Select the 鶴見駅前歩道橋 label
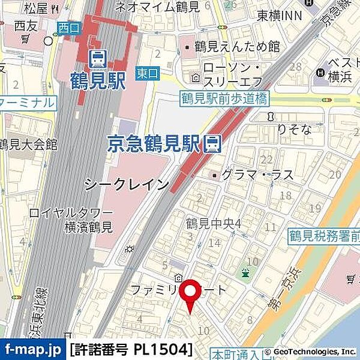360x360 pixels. (x=224, y=98)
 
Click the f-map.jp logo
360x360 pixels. (x=33, y=349)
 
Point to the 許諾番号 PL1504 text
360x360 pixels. (x=131, y=349)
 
